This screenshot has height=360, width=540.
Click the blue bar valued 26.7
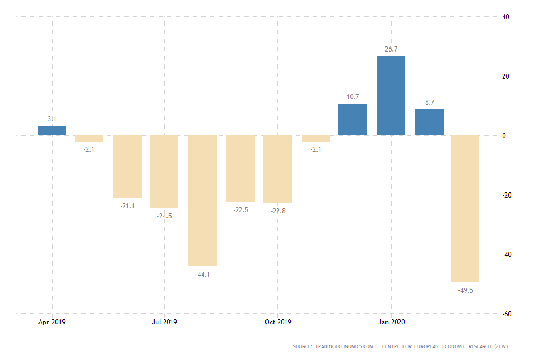coord(391,96)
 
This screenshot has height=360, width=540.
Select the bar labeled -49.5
coord(465,208)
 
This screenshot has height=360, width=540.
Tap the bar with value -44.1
coord(202,200)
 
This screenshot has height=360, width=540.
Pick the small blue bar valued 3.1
coord(52,131)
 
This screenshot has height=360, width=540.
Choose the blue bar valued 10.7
coord(353,119)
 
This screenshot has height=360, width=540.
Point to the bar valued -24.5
coord(164,172)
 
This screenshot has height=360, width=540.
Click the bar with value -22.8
coord(277,169)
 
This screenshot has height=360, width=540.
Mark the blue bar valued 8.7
coord(429,122)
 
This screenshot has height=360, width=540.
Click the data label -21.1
coord(127,206)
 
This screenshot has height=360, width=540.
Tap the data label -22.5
coord(241,211)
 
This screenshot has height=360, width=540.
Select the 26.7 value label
coord(391,49)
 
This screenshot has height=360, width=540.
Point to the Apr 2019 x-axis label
coord(52,322)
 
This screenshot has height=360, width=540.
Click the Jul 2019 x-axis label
coord(164,322)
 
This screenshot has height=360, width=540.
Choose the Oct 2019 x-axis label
coord(278,322)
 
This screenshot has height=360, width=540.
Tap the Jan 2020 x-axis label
coord(391,322)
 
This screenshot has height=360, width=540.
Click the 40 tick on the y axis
coord(505,17)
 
